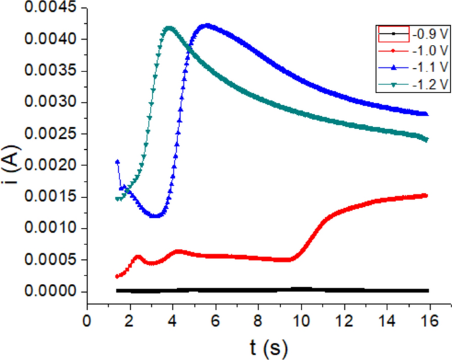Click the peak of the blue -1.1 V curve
pyautogui.click(x=206, y=26)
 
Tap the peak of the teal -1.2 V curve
pyautogui.click(x=169, y=28)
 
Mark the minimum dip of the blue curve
pyautogui.click(x=156, y=215)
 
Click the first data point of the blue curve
pyautogui.click(x=117, y=162)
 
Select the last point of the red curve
pyautogui.click(x=426, y=196)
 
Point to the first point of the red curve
pyautogui.click(x=117, y=276)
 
